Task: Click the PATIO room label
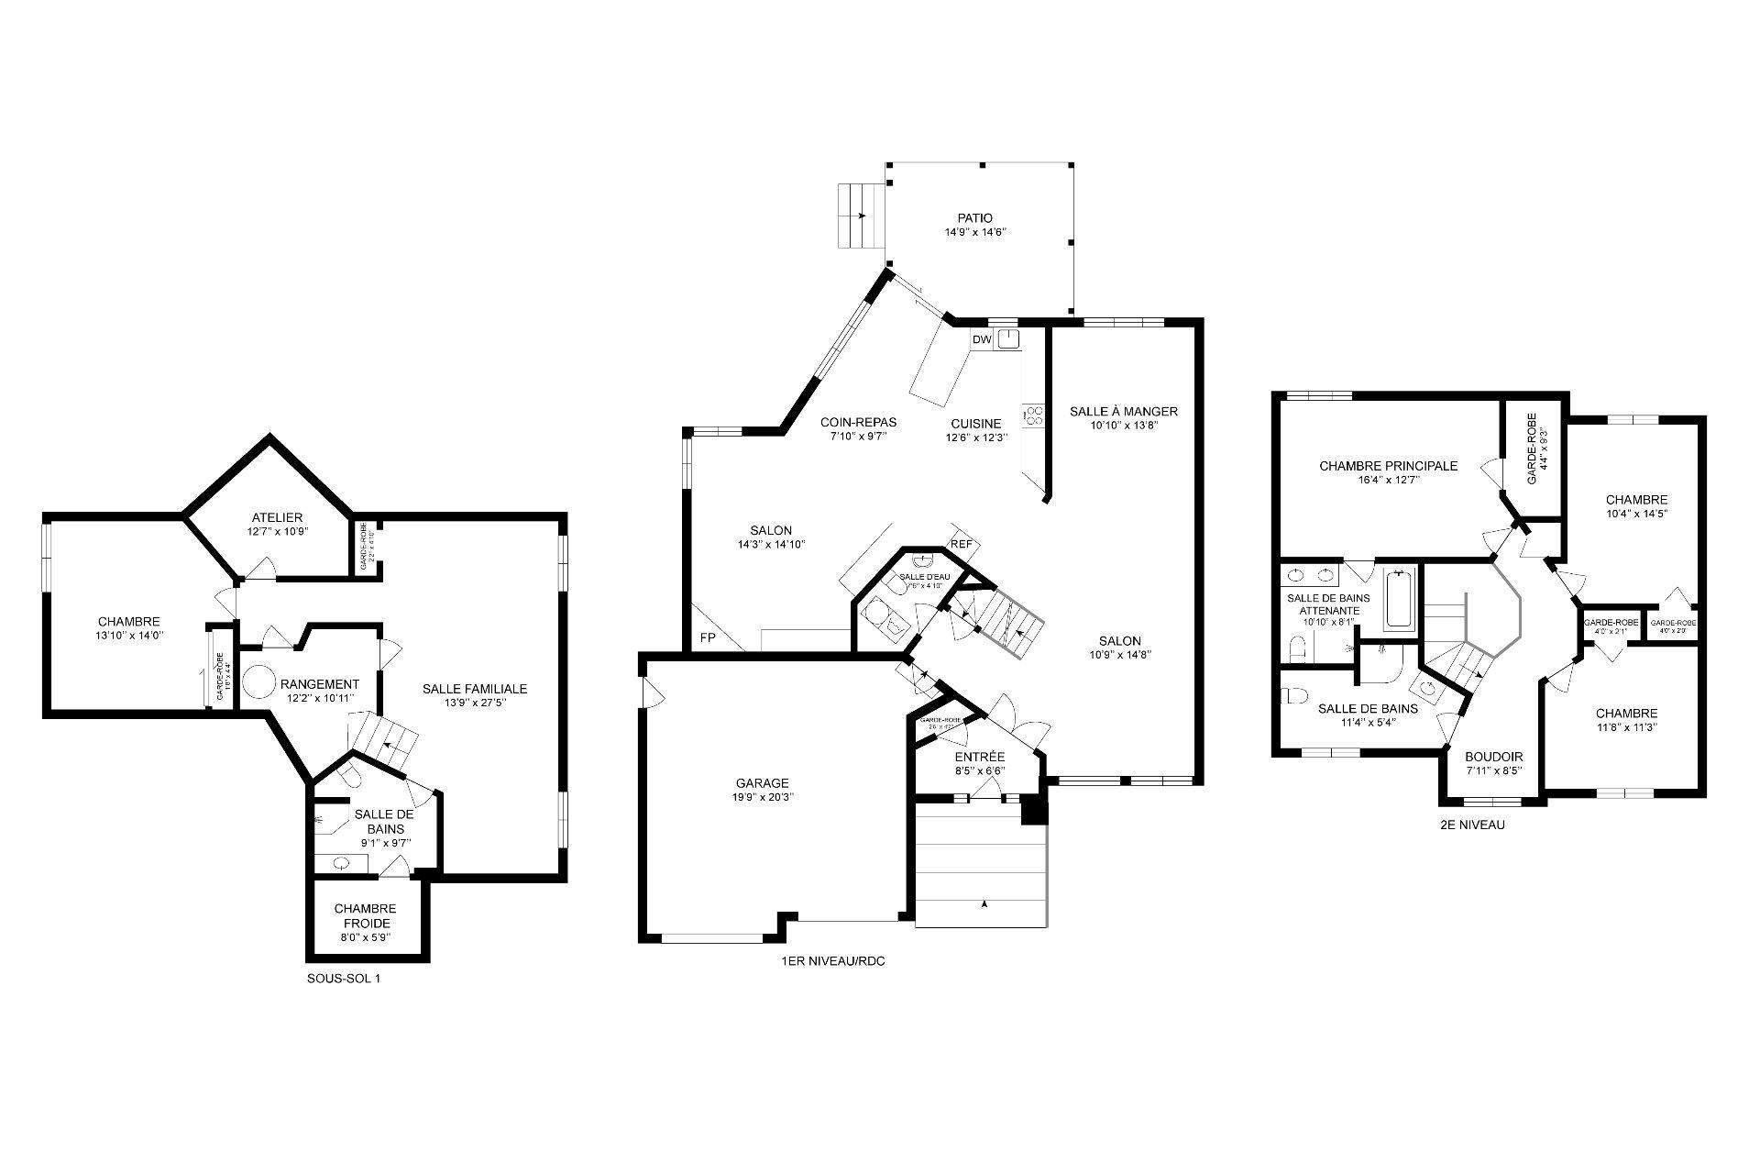pos(975,218)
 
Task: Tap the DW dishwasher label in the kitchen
pos(982,340)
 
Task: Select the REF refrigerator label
pos(961,544)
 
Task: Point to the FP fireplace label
pos(708,637)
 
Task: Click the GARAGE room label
pos(762,783)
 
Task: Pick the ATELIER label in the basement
pos(277,518)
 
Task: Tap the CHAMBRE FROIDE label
pos(365,915)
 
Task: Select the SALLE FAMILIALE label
pos(475,689)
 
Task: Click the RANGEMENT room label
pos(320,684)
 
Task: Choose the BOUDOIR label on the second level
pos(1493,757)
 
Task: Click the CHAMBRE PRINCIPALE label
pos(1388,466)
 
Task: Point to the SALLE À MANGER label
pos(1123,411)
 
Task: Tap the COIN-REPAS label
pos(858,423)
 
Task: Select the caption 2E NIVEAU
pos(1472,825)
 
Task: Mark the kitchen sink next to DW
pos(1008,339)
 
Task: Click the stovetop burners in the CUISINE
pos(1034,415)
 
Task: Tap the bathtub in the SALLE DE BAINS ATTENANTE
pos(1399,600)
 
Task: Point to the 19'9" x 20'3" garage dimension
pos(762,797)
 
